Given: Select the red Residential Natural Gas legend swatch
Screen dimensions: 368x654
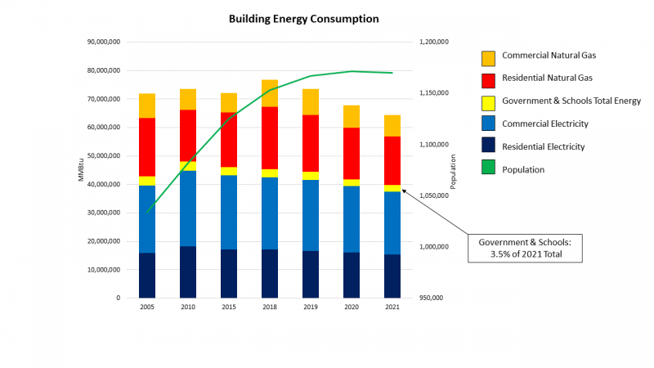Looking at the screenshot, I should [488, 79].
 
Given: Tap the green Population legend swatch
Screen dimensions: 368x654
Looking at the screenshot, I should [488, 169].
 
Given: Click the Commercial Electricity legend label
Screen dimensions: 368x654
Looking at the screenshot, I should [544, 124].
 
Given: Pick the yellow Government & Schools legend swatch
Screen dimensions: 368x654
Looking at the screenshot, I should [488, 102].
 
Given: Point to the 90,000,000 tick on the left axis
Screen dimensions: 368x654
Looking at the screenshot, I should [104, 43].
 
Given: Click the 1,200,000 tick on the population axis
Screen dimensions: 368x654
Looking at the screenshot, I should [433, 43].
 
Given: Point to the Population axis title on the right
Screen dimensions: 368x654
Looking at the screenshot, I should [453, 170].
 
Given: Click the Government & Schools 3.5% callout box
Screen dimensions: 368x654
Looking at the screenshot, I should [525, 248].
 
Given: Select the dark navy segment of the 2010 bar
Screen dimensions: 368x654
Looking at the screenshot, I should [188, 272].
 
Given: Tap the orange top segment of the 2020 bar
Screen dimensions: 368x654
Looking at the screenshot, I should [352, 116].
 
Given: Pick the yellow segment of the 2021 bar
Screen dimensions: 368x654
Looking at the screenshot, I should [392, 188].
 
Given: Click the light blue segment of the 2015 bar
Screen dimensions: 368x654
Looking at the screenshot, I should [229, 213].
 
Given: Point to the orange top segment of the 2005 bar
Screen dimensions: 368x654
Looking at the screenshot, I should [147, 105].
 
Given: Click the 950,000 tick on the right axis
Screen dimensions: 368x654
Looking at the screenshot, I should [431, 298].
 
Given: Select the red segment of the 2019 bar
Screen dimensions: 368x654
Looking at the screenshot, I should [311, 143].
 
